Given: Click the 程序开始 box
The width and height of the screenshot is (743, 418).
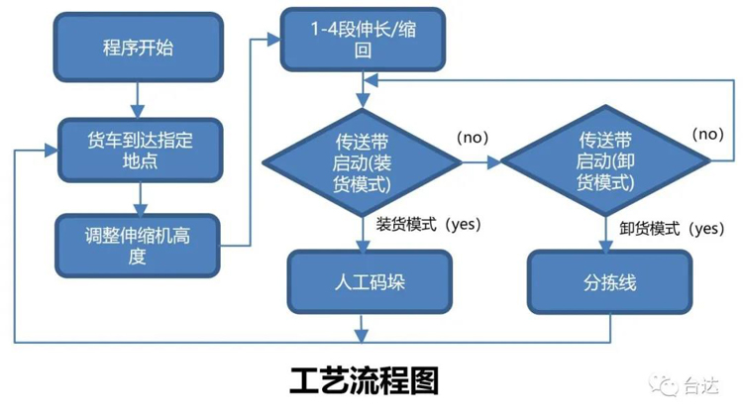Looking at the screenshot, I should [x=137, y=47].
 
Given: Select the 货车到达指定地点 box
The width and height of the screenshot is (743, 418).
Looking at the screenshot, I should [x=137, y=150].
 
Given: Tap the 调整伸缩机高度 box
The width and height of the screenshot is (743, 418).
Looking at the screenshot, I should [x=137, y=245].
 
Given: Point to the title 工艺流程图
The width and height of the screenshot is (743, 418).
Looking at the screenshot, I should [x=364, y=380].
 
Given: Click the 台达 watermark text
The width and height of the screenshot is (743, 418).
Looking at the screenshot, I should [x=701, y=386].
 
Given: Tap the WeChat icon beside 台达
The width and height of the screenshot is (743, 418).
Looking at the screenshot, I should [x=665, y=386].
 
